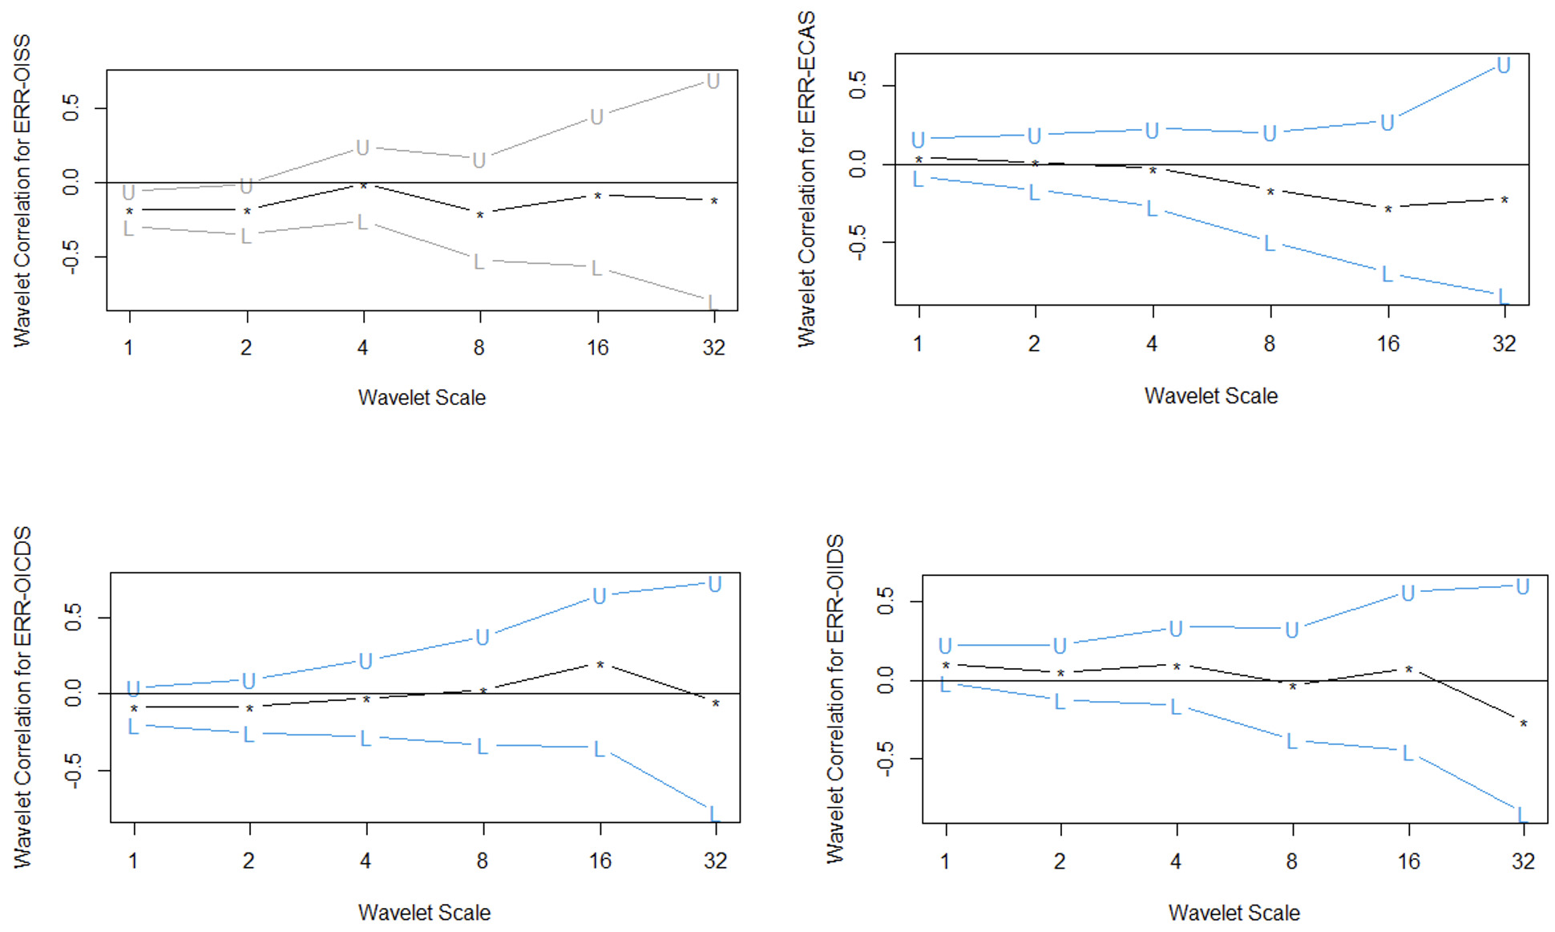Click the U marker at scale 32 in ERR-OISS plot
tap(713, 82)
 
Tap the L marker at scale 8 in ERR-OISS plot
tap(479, 262)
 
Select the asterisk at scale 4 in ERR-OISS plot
tap(363, 186)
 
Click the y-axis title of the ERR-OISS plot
tap(22, 191)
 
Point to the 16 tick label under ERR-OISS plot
tap(597, 348)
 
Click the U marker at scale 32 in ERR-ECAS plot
tap(1504, 66)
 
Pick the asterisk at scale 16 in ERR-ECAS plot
tap(1387, 209)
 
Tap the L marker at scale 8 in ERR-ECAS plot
tap(1269, 244)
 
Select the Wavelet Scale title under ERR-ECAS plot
tap(1210, 396)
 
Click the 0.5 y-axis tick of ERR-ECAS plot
tap(858, 85)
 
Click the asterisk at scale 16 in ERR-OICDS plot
tap(600, 666)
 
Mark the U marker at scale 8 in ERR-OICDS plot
tap(483, 638)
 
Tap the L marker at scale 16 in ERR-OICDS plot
tap(599, 750)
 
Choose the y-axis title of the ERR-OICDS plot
tap(22, 696)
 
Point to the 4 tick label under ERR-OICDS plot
tap(366, 861)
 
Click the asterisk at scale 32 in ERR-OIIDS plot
tap(1523, 724)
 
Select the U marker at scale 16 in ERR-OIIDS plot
tap(1408, 594)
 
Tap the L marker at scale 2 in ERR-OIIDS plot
tap(1060, 703)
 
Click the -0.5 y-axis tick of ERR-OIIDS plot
tap(885, 759)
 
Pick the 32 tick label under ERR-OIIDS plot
tap(1523, 862)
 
